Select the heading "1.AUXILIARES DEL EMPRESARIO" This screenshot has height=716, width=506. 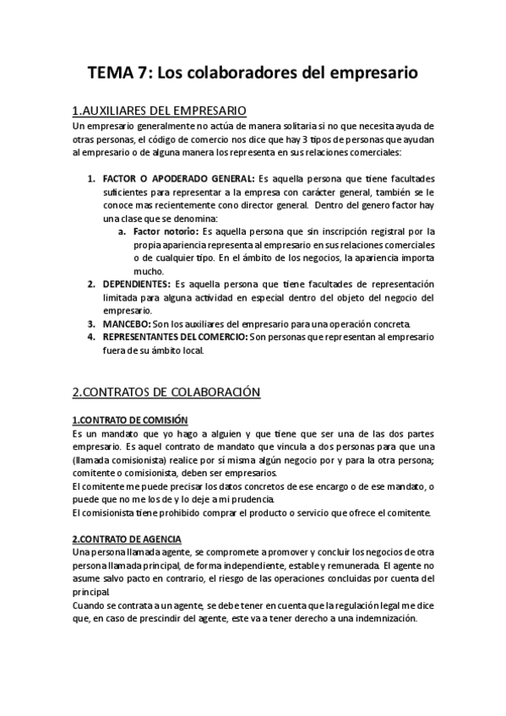[160, 111]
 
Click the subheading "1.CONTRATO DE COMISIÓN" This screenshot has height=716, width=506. [130, 420]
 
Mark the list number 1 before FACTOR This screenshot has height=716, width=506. [91, 179]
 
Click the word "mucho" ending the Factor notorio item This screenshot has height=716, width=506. [148, 271]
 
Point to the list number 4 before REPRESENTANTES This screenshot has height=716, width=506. [91, 337]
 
